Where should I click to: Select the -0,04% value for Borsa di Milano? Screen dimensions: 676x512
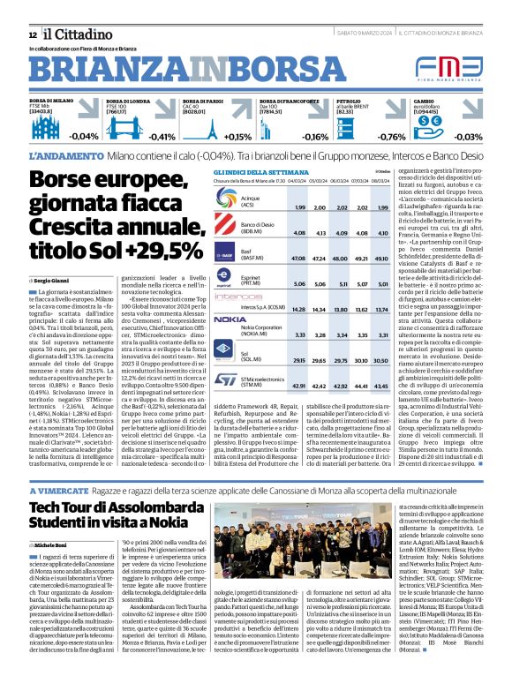[84, 136]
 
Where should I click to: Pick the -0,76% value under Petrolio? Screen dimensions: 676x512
[391, 137]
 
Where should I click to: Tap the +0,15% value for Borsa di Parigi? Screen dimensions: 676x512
[237, 137]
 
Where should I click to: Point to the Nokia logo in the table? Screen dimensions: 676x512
[230, 319]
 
